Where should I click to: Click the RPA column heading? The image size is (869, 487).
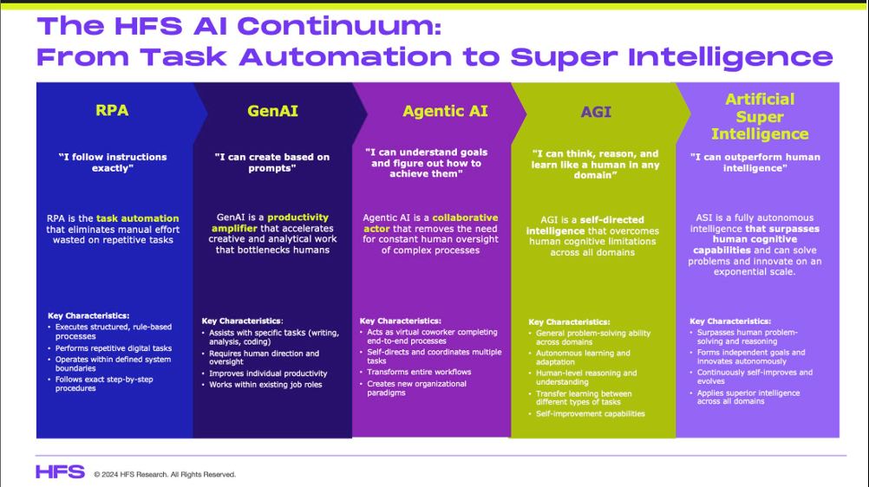point(112,110)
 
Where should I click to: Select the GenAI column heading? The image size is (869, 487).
point(271,111)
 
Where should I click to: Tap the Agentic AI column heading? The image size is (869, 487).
point(445,111)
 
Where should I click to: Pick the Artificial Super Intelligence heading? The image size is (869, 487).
point(760,117)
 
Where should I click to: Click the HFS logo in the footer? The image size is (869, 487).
point(60,472)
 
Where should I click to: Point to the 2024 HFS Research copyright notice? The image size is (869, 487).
point(165,474)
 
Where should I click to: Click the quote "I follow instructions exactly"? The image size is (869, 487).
point(113,162)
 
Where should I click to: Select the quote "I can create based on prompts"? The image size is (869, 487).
point(271,162)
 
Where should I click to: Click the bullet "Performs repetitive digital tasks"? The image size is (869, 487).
point(114,348)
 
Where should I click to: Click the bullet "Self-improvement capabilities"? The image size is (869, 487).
point(591,414)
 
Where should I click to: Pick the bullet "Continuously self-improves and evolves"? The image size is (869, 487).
point(755,377)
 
